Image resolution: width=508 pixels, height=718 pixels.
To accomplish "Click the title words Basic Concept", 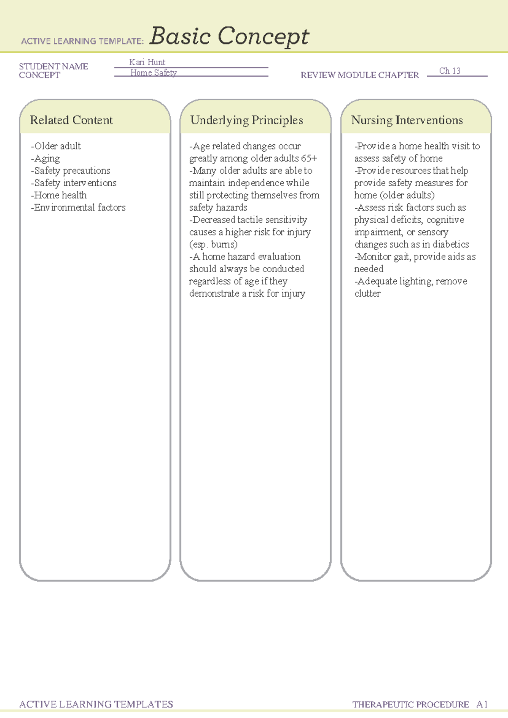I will tap(229, 36).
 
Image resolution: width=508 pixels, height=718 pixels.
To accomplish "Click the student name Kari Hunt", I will tap(147, 62).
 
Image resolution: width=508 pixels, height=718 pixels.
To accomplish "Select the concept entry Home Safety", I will tap(153, 73).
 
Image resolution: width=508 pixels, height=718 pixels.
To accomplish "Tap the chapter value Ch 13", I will tap(450, 71).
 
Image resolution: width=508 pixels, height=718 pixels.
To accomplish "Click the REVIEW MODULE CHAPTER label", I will tap(359, 75).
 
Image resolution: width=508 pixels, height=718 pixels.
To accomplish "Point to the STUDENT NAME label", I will tap(53, 66).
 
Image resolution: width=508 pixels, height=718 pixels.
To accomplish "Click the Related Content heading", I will tap(71, 120).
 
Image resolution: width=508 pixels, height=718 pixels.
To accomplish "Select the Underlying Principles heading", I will tap(246, 120).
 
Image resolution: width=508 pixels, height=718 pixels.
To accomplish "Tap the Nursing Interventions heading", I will tap(407, 120).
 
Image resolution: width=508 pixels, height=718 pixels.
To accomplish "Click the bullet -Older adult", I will tap(56, 146).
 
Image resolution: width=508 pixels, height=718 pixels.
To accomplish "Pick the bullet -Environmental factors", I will tap(78, 207).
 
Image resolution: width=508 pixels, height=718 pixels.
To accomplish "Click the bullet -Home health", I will tap(59, 195).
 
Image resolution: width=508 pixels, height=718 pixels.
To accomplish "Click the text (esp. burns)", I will tap(213, 244).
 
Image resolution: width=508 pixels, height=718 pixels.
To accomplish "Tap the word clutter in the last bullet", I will tap(367, 293).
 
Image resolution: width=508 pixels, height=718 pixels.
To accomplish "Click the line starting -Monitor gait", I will tap(415, 257).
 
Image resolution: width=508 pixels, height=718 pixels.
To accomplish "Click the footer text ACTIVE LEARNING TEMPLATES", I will tap(96, 704).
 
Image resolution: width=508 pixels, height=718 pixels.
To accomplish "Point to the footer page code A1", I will tap(482, 704).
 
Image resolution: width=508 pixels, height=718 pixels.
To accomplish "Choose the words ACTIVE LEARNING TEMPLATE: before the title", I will tap(83, 41).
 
